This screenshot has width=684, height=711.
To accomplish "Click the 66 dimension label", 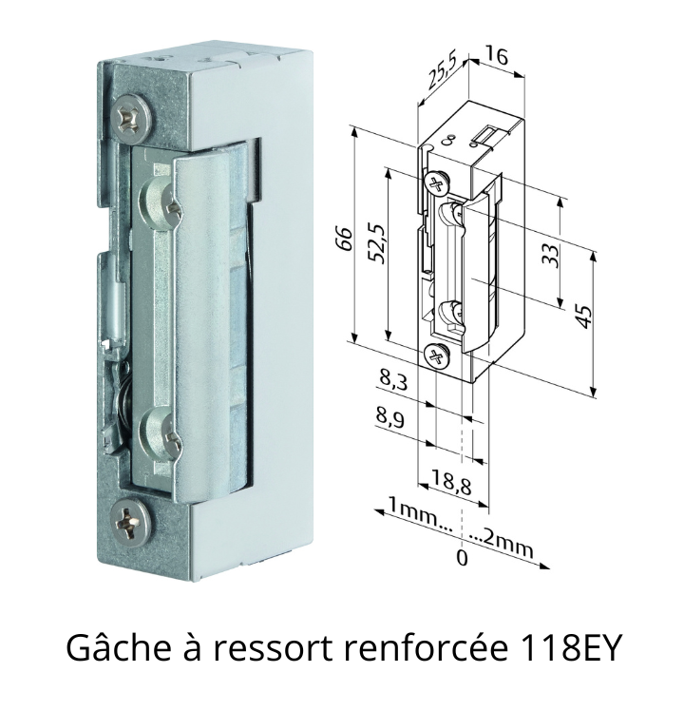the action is coord(346,238).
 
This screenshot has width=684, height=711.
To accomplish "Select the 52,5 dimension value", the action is coord(377,243).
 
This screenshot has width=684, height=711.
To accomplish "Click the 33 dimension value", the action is coord(551,256).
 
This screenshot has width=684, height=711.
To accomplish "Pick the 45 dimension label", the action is coord(585,317).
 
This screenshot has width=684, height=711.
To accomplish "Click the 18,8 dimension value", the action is coord(451,483).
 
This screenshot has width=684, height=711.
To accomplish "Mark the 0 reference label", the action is coord(462,558).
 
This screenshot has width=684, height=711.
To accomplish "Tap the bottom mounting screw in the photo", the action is coord(131,523).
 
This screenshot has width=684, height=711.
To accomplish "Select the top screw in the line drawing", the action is coord(436,183).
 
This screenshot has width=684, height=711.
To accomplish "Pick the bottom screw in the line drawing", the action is coord(437,355).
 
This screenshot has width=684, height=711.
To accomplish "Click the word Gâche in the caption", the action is coord(120,647).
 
